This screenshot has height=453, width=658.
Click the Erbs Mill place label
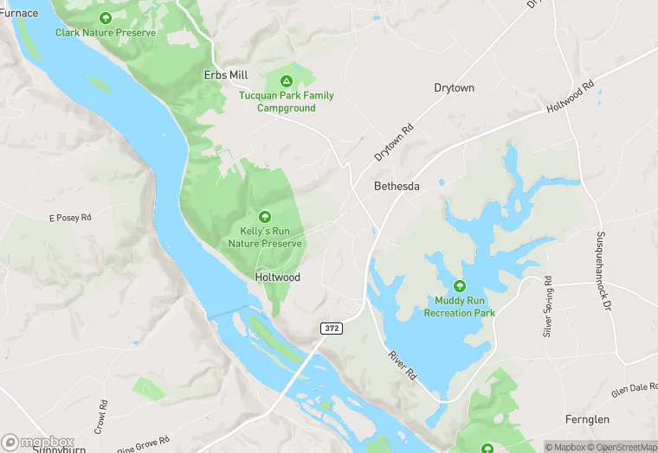click(225, 75)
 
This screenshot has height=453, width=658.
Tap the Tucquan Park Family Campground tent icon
click(286, 80)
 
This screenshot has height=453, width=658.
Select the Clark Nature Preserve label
click(106, 33)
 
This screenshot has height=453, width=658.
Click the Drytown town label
click(454, 88)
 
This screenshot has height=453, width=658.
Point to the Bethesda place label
click(397, 187)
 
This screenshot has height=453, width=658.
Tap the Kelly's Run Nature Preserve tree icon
click(265, 217)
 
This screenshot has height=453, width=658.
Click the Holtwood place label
click(278, 278)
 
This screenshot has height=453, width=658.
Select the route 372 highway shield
click(331, 329)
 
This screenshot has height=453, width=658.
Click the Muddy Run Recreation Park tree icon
click(459, 286)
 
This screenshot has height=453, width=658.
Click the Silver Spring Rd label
click(547, 307)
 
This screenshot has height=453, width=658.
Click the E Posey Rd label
click(70, 218)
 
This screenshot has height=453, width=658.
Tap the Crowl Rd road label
click(103, 416)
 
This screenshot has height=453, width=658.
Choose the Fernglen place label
click(586, 419)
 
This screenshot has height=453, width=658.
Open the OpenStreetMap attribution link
click(619, 447)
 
